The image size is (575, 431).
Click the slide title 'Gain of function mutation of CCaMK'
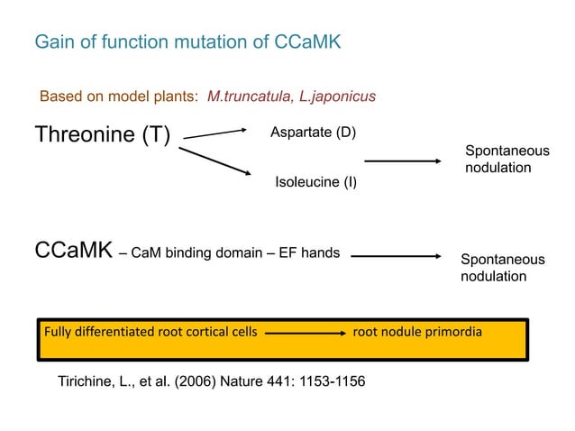(187, 42)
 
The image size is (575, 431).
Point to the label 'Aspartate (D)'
(313, 133)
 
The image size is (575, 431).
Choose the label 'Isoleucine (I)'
(315, 182)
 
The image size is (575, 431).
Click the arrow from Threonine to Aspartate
(215, 134)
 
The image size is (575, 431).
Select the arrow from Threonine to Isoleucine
(214, 162)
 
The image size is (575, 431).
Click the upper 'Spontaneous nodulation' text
(506, 160)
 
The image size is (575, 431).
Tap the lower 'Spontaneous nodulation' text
(502, 268)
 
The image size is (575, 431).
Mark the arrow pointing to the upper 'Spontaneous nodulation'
(402, 161)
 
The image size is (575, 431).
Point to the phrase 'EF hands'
(311, 252)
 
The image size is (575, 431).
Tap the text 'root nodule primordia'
(417, 332)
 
